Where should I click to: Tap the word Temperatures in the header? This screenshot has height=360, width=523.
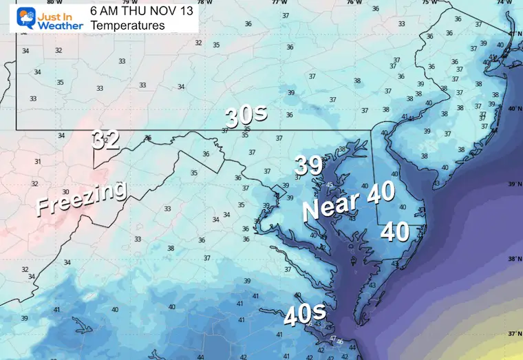[127, 25]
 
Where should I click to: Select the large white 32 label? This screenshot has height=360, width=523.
[107, 140]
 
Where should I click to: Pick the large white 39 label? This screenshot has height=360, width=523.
[310, 165]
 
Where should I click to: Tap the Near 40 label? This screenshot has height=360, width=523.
[350, 201]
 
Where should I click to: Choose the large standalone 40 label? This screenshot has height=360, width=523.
[396, 231]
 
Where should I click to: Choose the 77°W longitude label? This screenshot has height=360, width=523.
[277, 2]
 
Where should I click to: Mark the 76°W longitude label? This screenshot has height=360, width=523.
[354, 2]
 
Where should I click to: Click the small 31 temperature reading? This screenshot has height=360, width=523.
[38, 162]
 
